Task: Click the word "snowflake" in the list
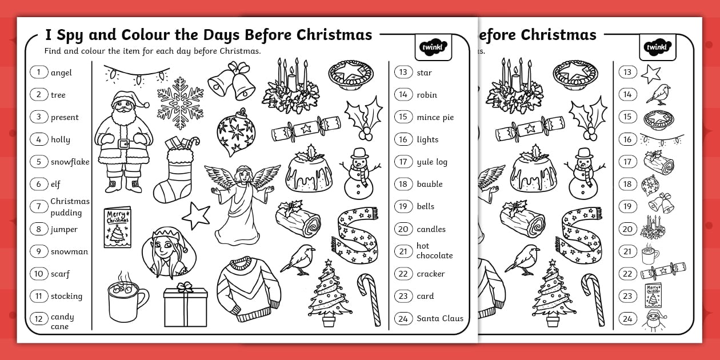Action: coord(70,162)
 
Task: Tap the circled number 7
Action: coord(39,206)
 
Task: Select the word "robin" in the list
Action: coord(427,95)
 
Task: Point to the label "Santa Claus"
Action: coord(440,318)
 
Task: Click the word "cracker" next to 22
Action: coord(431,274)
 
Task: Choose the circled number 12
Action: coord(39,319)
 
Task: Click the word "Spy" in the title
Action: coord(70,35)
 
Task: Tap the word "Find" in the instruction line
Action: coord(53,51)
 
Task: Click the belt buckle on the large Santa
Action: coord(123,143)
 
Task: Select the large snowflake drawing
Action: coord(181,102)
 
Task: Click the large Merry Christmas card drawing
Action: coord(118,227)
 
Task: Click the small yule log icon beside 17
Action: coord(659,163)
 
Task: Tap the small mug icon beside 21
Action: coord(650,253)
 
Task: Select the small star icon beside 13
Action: coord(651,74)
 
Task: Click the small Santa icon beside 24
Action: coord(654,320)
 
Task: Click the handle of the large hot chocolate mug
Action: coord(143,300)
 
